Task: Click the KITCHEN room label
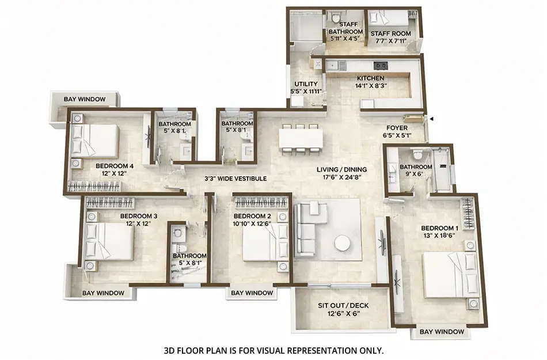[x=370, y=78]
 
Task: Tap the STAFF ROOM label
[x=390, y=33]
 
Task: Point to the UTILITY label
[x=306, y=84]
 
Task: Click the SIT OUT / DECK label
[x=343, y=305]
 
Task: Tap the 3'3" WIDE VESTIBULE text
[x=235, y=179]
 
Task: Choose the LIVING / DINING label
[x=342, y=169]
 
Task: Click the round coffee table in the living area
[x=343, y=244]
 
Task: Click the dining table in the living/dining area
[x=301, y=139]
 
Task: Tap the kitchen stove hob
[x=380, y=65]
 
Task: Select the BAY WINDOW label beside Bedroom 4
[x=85, y=99]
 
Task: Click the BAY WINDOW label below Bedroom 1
[x=442, y=332]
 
